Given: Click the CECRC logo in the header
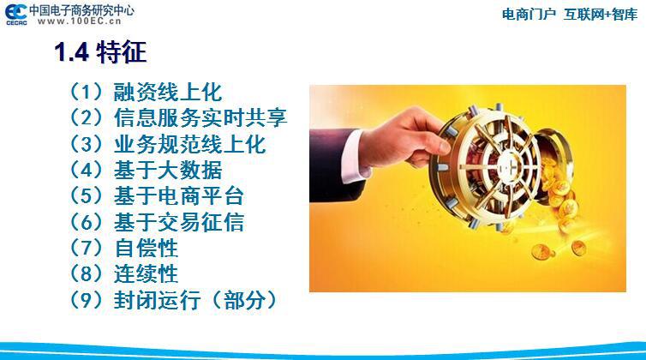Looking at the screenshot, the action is (16, 15).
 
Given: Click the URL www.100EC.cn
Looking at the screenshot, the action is (80, 21).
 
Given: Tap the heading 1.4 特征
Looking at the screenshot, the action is (100, 52).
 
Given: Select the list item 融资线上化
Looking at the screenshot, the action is (168, 92).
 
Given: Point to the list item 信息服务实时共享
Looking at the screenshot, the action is (200, 117).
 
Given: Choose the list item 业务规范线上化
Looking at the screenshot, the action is (189, 144).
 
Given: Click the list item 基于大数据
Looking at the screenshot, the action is (168, 170).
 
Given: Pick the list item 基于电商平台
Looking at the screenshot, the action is (179, 196).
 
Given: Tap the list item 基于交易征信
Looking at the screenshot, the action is (179, 222).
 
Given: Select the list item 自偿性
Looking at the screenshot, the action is (147, 248).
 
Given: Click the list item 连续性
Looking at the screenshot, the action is (147, 273).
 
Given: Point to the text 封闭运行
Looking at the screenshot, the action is (158, 300).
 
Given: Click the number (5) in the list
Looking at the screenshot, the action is (86, 196).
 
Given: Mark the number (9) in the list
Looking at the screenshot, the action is (86, 300).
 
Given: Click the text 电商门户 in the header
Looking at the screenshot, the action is (529, 15).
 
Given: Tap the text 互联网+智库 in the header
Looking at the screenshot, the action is (601, 15).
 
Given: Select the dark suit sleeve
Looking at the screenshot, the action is (330, 164).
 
